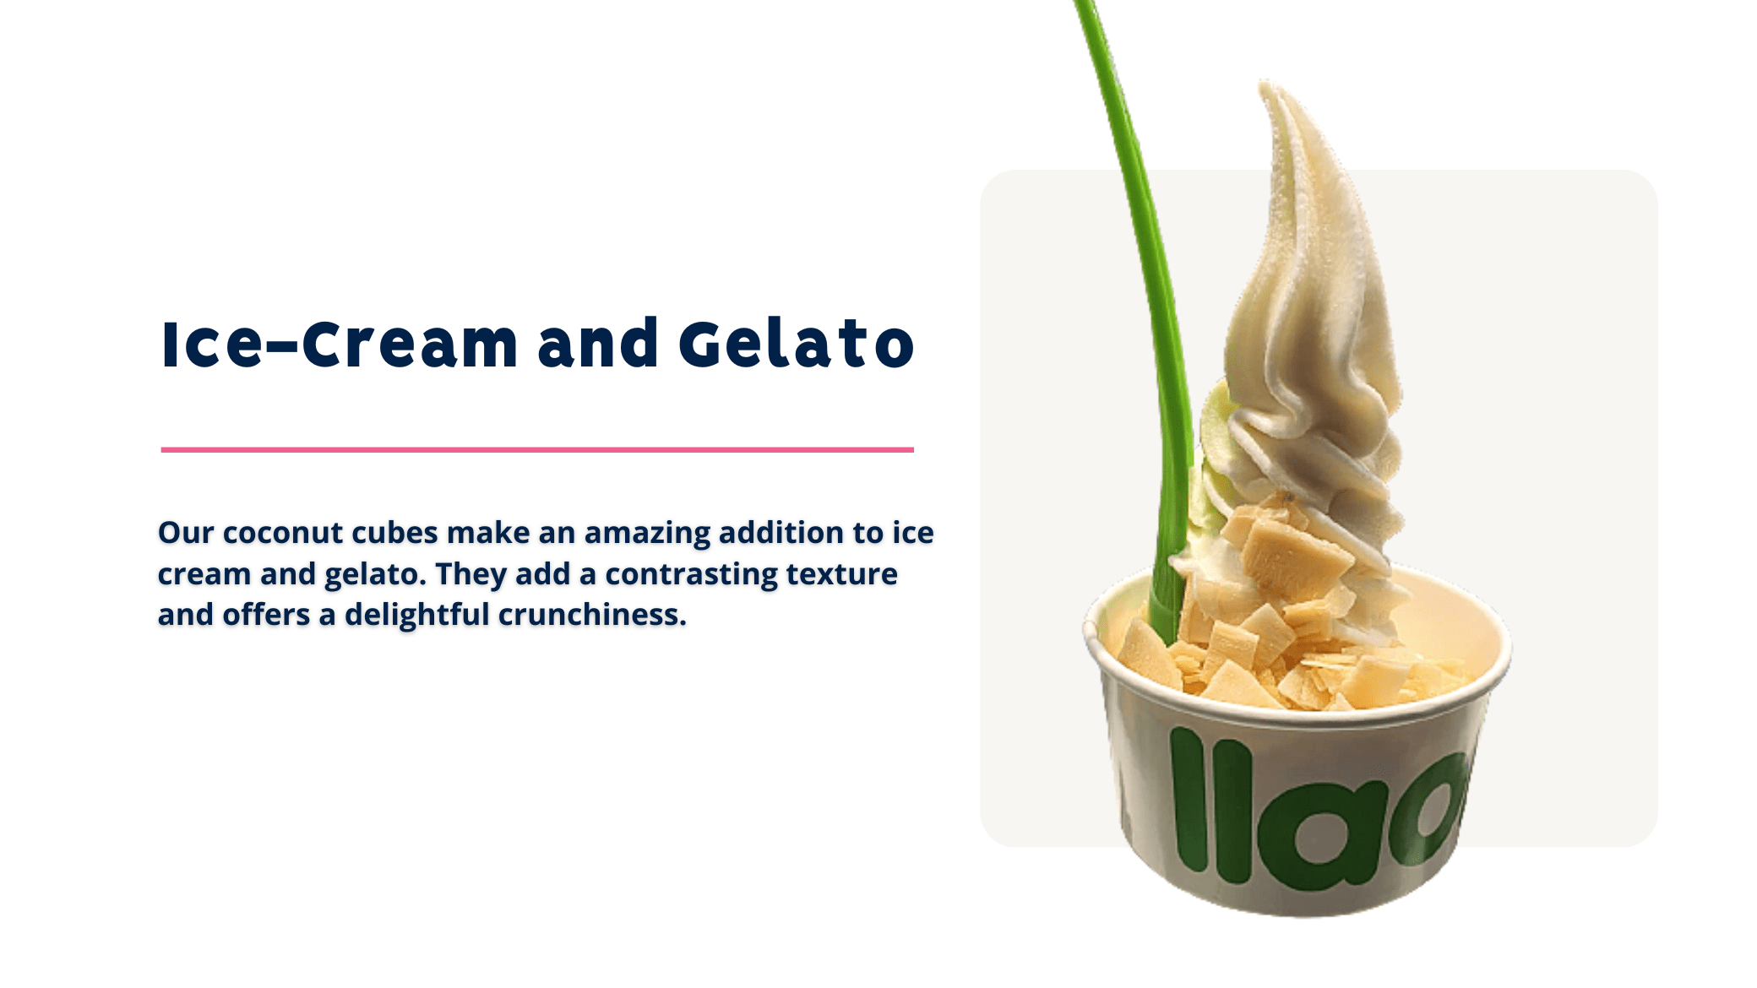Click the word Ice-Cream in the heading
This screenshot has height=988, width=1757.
(x=339, y=344)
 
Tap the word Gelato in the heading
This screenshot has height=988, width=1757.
(x=796, y=344)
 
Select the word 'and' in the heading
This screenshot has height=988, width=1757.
(x=597, y=344)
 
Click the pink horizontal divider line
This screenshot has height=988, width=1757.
(x=537, y=450)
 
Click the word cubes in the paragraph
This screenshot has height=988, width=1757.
(x=394, y=532)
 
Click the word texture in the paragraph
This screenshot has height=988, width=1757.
(x=841, y=574)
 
